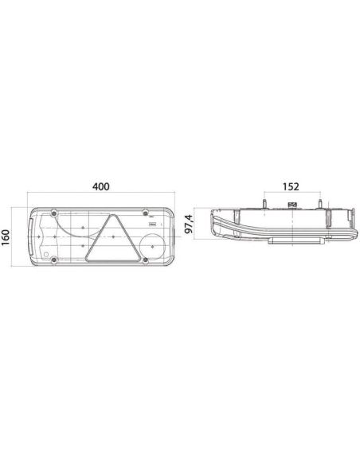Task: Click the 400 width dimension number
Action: (x=100, y=187)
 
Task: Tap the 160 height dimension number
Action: (x=7, y=238)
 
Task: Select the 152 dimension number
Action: (x=290, y=187)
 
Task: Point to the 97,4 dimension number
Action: (x=189, y=225)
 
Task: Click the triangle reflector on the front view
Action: (x=109, y=240)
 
